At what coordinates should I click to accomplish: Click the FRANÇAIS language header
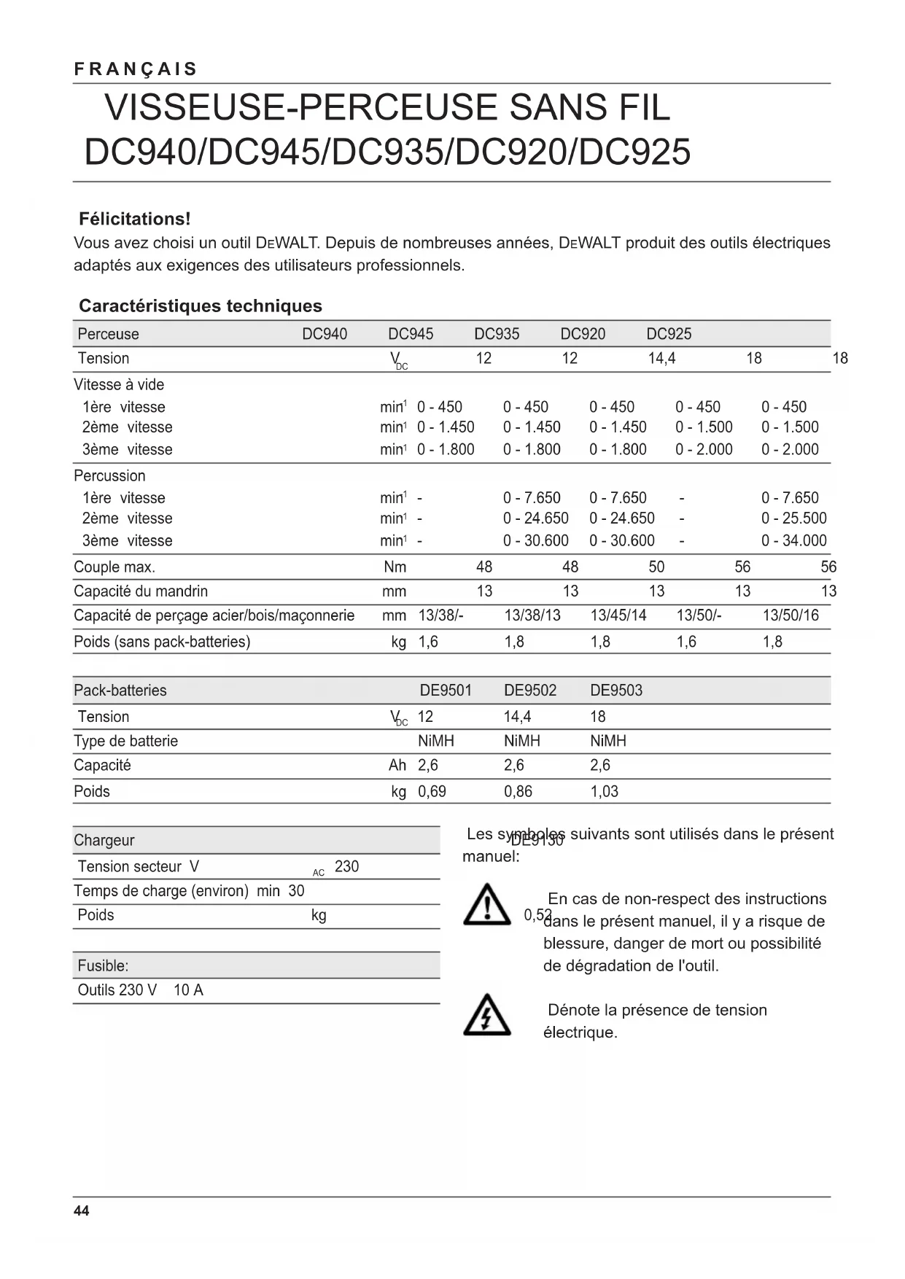136,69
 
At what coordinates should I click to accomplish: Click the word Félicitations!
134,219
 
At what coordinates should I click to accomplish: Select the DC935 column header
497,334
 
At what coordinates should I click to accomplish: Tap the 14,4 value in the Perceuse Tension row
661,358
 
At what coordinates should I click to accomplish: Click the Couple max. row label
114,567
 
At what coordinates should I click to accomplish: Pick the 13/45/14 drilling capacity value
618,615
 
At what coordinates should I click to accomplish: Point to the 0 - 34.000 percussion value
793,540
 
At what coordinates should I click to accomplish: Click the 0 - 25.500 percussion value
793,518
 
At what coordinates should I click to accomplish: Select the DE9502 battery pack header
529,691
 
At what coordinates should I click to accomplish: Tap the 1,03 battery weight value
604,791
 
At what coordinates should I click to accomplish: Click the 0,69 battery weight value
432,791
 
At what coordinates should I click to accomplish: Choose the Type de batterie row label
125,741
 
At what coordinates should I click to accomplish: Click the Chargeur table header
104,840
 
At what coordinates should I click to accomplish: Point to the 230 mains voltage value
346,866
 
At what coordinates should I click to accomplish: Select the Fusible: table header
103,965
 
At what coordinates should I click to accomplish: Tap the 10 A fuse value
188,990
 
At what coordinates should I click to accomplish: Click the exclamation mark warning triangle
486,905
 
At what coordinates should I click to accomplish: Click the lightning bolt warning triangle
486,1014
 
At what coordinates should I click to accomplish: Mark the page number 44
82,1211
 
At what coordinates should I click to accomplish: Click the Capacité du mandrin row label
141,591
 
